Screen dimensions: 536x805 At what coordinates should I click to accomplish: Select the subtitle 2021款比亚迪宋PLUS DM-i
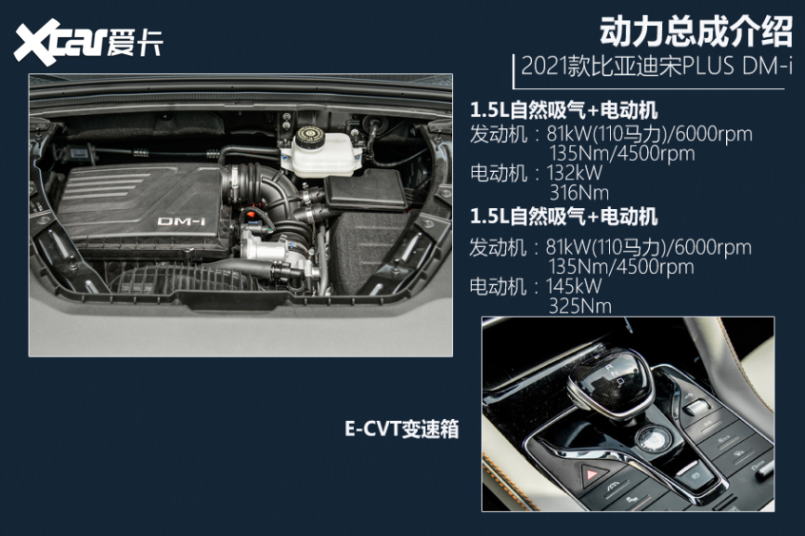[x=653, y=69]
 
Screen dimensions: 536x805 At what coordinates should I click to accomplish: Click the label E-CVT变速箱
[x=401, y=430]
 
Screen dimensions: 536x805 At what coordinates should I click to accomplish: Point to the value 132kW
[x=575, y=173]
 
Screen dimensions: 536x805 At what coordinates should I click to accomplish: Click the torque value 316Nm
[x=579, y=193]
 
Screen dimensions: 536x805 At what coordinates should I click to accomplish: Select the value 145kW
[x=575, y=286]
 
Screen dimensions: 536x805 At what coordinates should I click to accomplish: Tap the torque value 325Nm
[x=579, y=306]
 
